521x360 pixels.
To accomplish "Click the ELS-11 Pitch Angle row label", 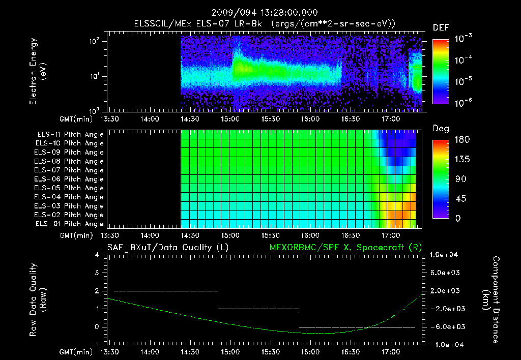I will coord(70,134).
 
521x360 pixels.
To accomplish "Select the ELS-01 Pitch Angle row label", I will coord(70,224).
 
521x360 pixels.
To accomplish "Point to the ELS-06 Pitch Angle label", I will coord(70,179).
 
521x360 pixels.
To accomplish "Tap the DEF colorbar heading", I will coord(441,27).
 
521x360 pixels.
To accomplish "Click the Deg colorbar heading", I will coord(440,128).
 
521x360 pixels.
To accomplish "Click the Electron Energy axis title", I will coord(38,74).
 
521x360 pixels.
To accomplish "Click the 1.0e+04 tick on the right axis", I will coord(445,255).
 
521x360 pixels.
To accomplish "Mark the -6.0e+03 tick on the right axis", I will coord(445,326).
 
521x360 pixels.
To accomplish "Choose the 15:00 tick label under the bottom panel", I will coord(230,351).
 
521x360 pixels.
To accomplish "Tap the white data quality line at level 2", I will coord(166,291).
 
